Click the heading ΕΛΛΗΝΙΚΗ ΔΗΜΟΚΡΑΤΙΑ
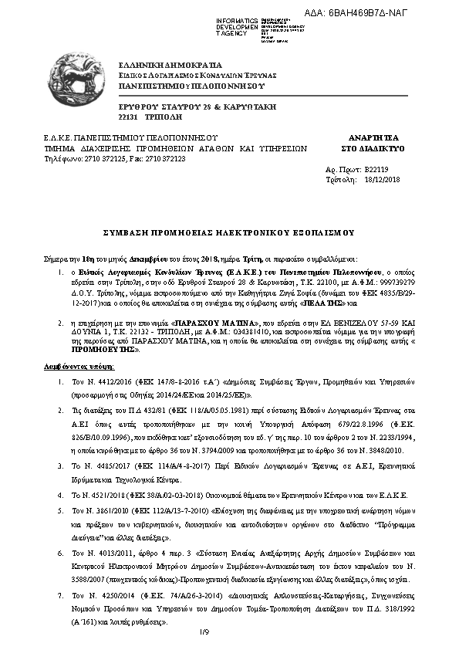tap(170, 64)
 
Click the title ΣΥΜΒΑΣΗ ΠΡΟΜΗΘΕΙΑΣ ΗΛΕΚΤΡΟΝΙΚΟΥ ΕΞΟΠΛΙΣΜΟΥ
tap(228, 232)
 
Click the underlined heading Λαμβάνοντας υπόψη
tap(68, 369)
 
